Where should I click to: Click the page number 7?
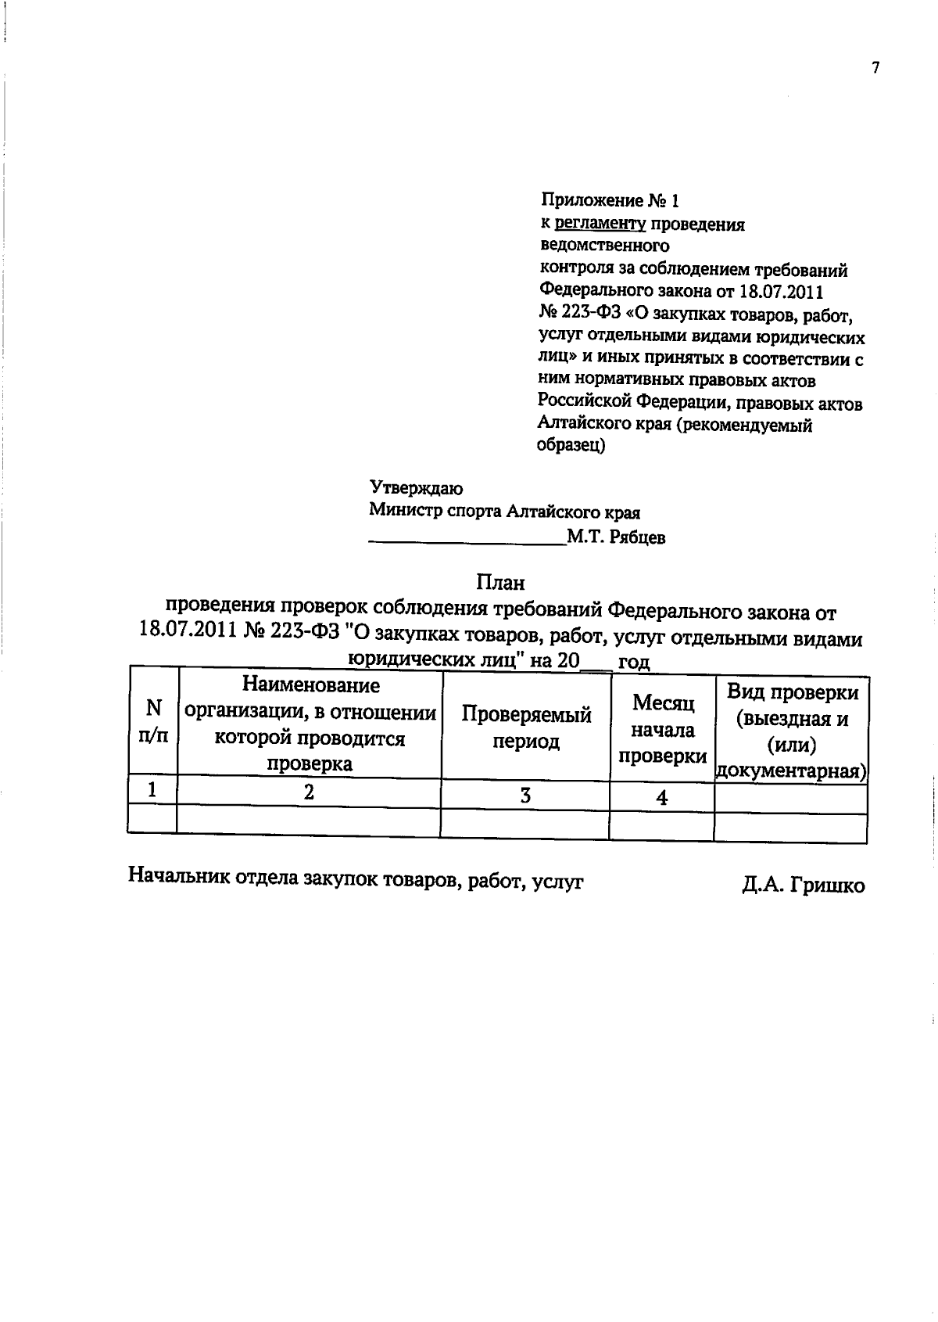875,68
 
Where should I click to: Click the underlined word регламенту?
600,225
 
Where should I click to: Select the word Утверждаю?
416,489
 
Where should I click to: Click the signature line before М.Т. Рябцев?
467,540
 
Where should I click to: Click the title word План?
500,583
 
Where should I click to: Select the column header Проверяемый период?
525,727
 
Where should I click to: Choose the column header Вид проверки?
792,693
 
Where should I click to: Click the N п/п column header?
153,721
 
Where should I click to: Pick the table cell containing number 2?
310,792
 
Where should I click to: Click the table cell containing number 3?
525,796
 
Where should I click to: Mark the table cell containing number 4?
662,798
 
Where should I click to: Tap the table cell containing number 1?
153,790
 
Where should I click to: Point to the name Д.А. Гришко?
804,886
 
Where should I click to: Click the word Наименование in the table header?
311,686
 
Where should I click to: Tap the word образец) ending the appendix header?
571,447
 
